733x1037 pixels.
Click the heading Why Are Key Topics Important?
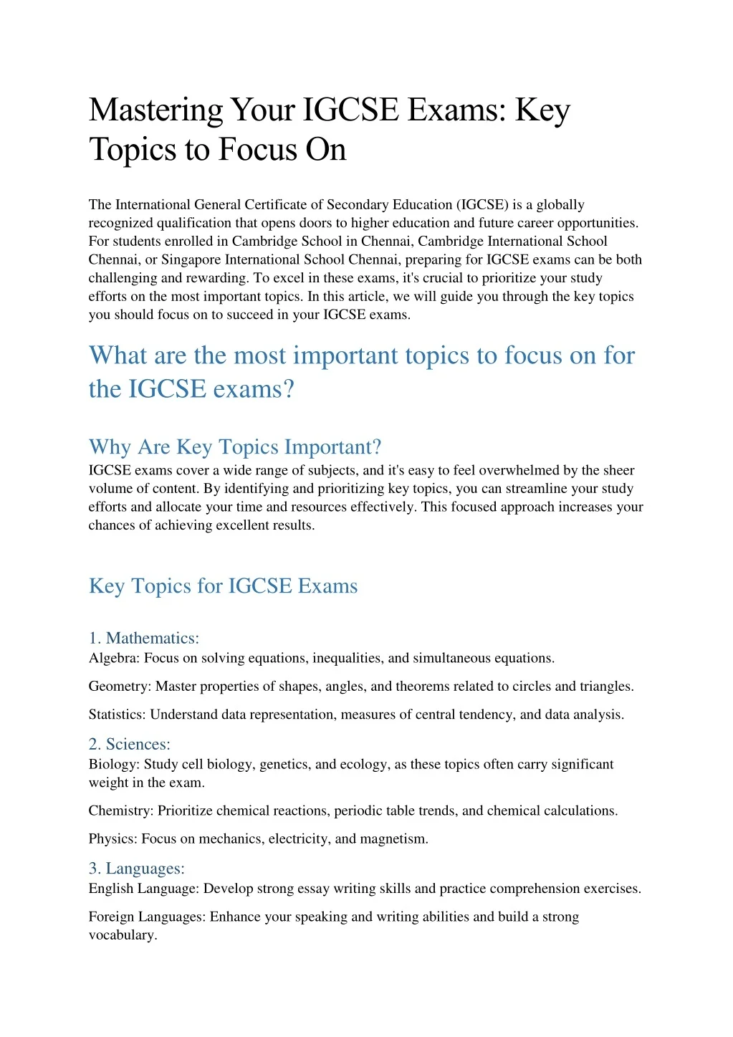[x=235, y=447]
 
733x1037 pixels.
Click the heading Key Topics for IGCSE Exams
[x=223, y=586]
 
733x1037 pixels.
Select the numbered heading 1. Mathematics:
[x=144, y=638]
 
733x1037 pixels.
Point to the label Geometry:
[x=120, y=687]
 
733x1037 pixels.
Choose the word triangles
[x=605, y=687]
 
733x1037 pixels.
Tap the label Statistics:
[x=118, y=715]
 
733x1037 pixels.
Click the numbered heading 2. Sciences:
[x=130, y=744]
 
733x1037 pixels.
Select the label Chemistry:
[x=121, y=811]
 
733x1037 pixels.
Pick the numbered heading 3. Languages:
[x=137, y=869]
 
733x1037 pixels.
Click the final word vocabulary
[x=123, y=935]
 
